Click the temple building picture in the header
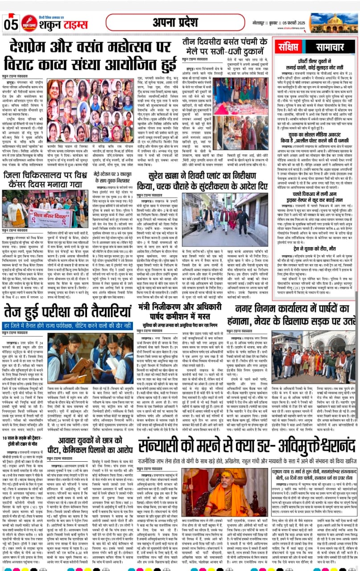pyautogui.click(x=333, y=22)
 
